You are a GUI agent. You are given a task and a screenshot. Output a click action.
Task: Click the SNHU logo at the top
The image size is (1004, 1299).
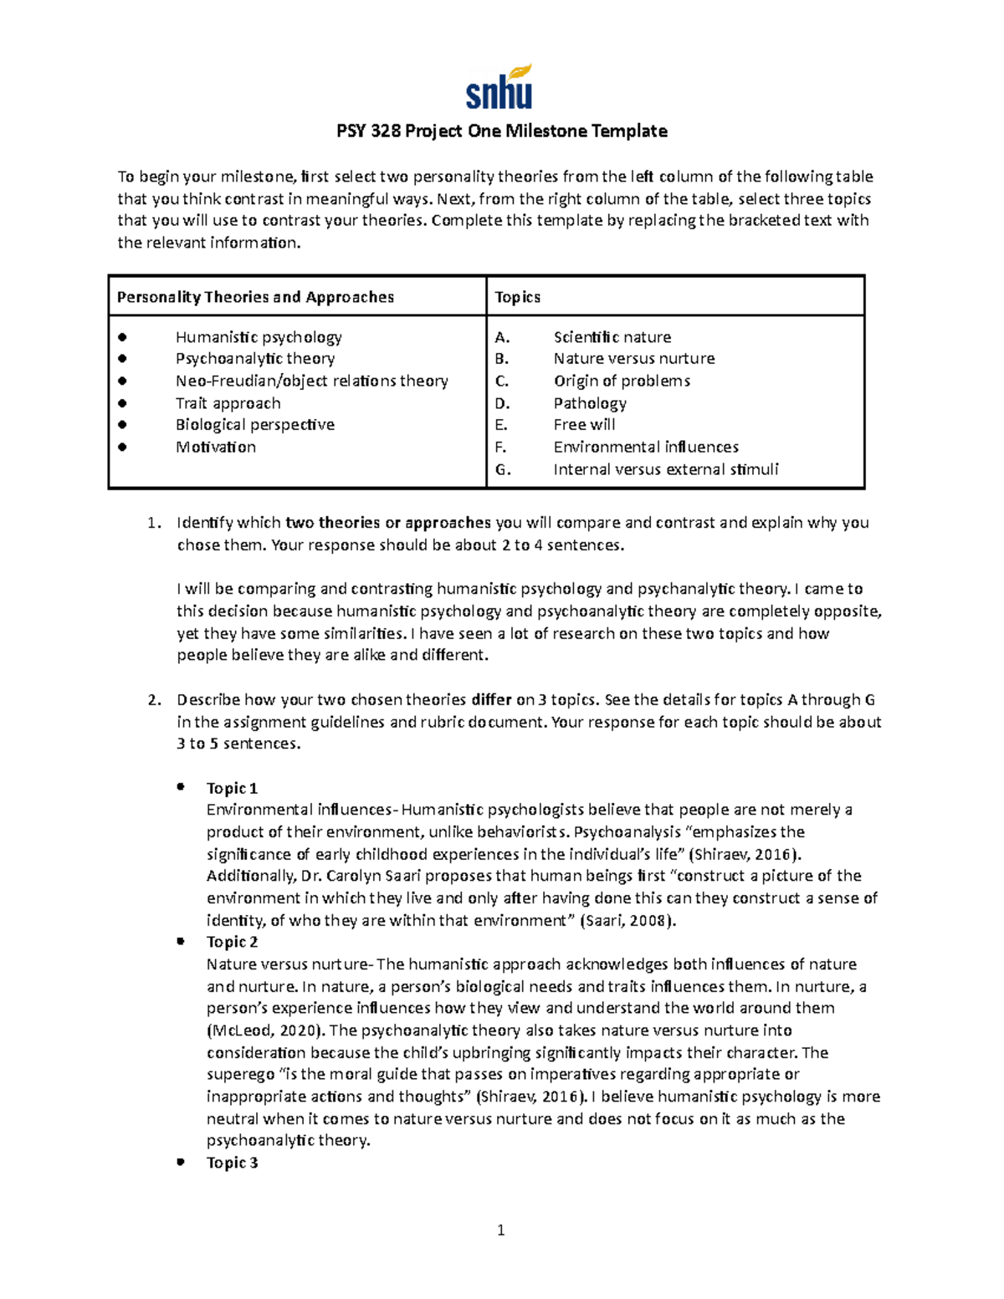[x=499, y=88]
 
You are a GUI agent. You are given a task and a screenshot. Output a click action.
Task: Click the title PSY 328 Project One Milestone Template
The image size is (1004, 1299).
[x=501, y=131]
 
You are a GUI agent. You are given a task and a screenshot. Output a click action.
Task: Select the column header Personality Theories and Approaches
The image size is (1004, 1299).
[x=255, y=297]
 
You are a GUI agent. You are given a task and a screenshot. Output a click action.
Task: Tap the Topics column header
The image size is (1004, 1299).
[x=517, y=297]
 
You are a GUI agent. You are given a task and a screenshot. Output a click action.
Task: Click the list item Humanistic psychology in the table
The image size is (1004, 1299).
[x=259, y=337]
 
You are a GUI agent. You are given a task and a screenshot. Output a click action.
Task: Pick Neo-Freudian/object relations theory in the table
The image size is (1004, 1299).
[x=311, y=381]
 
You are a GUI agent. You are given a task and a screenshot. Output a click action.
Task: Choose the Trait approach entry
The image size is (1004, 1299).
[x=228, y=403]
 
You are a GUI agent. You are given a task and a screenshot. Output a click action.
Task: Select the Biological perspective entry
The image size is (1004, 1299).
[x=254, y=425]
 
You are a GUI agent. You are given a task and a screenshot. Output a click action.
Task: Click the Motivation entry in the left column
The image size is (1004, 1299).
[x=216, y=447]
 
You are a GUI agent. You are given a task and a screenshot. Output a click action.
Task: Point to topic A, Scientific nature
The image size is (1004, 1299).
[x=612, y=337]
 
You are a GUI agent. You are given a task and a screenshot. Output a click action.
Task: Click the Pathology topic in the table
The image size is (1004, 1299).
[x=590, y=403]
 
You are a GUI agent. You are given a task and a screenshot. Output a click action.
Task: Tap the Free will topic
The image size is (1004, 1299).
[x=584, y=425]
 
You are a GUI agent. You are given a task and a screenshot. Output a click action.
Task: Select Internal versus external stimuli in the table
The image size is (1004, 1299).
[x=665, y=469]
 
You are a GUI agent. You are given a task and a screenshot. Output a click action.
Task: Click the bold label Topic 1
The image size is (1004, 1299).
[x=232, y=788]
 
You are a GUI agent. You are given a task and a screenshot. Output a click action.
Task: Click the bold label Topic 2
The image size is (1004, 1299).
[x=232, y=942]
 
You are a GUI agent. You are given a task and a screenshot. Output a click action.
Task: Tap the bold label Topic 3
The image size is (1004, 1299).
[x=232, y=1163]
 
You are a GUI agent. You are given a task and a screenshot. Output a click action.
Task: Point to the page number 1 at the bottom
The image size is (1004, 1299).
[x=500, y=1230]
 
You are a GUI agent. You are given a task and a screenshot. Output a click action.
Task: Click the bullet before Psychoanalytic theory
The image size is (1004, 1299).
[x=122, y=359]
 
